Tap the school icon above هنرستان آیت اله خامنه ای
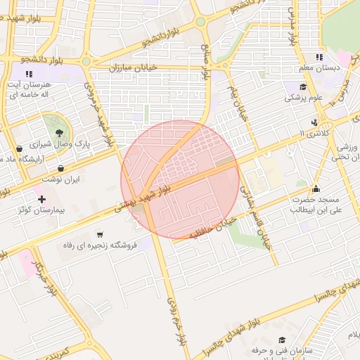pos(29,73)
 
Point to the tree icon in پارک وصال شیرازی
pos(58,132)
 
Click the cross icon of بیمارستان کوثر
pos(42,200)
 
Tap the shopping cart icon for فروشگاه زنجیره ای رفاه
pos(100,235)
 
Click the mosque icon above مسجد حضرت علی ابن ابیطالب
pos(316,188)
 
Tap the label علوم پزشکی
pos(303,98)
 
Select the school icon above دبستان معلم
pos(319,57)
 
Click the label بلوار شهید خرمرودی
pos(98,112)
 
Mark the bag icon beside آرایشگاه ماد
pos(18,148)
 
